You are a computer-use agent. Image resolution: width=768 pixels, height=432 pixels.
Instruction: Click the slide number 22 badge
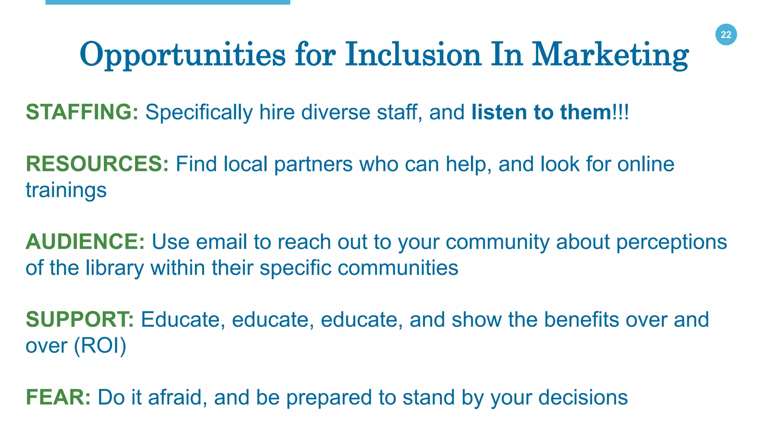click(726, 34)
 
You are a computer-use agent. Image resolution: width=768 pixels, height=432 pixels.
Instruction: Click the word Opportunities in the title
click(182, 55)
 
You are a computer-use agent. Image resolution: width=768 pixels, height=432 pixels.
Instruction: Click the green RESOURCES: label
click(97, 164)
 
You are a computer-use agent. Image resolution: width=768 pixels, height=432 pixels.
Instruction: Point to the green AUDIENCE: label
click(85, 241)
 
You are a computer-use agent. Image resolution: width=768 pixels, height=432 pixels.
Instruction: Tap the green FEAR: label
click(58, 397)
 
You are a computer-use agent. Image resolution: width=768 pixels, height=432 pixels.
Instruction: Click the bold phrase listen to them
click(541, 112)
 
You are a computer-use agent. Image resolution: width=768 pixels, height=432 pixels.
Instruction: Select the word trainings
click(66, 190)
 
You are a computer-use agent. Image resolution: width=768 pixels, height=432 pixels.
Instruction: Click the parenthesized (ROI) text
click(100, 345)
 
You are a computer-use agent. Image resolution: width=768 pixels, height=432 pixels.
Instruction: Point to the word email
click(221, 241)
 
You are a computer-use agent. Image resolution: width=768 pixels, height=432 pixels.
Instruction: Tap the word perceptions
click(671, 242)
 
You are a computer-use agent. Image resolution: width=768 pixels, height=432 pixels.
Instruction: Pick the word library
click(115, 268)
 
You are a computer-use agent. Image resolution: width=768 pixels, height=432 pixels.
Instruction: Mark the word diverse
click(336, 112)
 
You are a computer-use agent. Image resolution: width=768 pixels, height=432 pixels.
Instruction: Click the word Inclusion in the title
click(413, 55)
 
